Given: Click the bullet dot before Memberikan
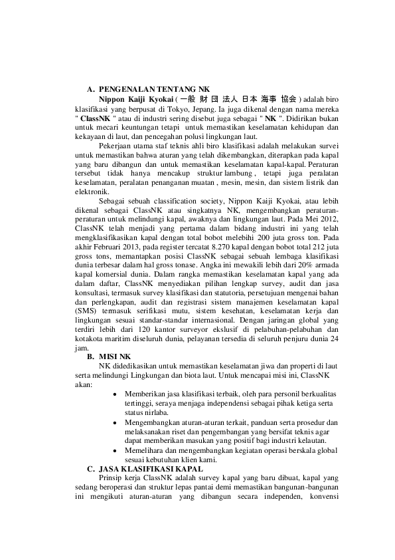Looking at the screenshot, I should tap(116, 394).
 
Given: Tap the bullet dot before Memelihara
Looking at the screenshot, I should tap(116, 450).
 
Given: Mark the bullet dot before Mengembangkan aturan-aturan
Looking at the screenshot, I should tap(116, 422).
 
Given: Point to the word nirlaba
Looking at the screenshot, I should tap(158, 412).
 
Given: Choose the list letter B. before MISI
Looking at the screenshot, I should tap(91, 356).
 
